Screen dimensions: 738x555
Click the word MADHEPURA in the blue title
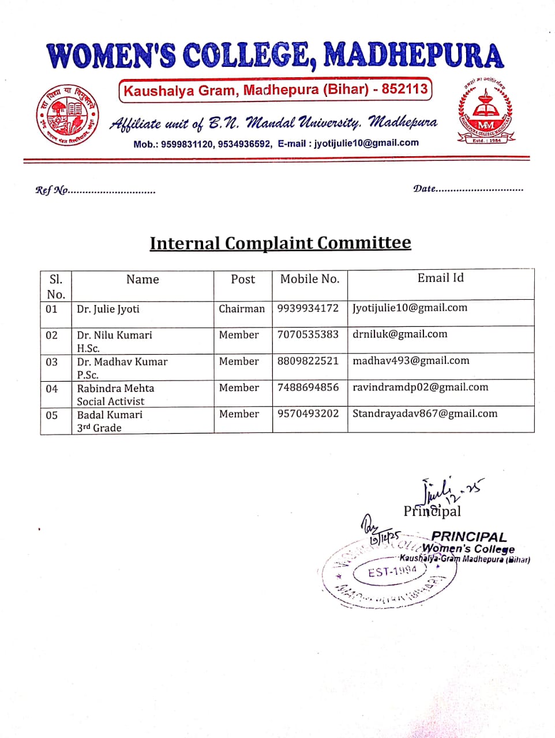(413, 56)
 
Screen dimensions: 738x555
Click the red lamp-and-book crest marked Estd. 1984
(485, 112)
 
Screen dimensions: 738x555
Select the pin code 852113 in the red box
(404, 89)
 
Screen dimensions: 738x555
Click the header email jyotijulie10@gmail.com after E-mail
(366, 143)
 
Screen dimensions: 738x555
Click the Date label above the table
(425, 189)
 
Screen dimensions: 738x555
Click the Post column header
(242, 279)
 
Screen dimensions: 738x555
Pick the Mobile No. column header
(310, 279)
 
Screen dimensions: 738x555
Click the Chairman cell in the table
(242, 308)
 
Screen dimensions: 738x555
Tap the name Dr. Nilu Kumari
(115, 335)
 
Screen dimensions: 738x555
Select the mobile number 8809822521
(308, 361)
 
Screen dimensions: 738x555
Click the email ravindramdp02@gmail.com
(421, 387)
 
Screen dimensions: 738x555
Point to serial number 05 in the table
(52, 415)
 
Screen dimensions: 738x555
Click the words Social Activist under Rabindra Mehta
(111, 401)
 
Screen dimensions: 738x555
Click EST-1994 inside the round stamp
(393, 571)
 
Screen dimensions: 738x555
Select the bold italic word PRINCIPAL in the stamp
(468, 537)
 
